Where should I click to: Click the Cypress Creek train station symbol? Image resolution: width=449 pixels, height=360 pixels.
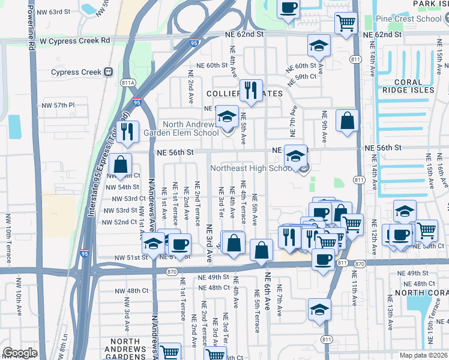click(x=109, y=72)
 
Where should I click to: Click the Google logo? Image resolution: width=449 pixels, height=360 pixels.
click(x=20, y=353)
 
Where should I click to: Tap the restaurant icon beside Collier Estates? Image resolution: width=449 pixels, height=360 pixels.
click(x=251, y=91)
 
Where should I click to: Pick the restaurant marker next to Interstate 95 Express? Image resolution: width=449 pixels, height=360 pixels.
click(x=127, y=131)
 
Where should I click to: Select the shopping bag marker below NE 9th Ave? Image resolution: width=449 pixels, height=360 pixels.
click(x=348, y=121)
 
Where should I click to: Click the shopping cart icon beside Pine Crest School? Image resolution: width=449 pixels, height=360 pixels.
click(x=346, y=23)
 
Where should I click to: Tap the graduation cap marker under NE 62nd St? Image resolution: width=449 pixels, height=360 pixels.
click(x=319, y=45)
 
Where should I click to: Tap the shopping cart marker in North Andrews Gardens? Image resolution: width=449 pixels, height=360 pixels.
click(x=170, y=352)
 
